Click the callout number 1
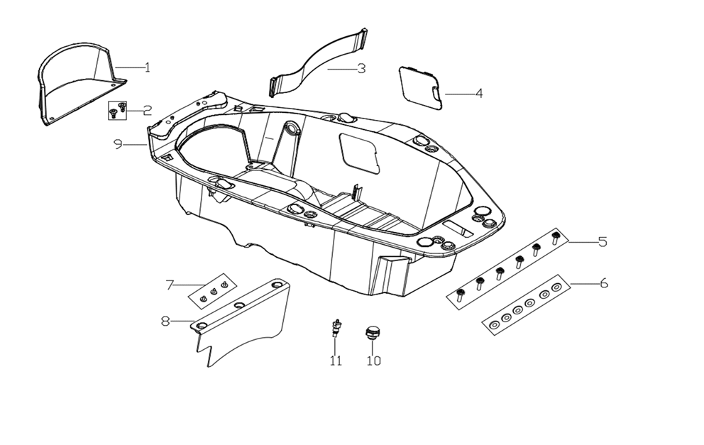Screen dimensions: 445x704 (x=148, y=67)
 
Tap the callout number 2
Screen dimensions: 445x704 (x=148, y=110)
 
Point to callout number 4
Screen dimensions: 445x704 (x=479, y=94)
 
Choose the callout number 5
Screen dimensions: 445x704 (x=603, y=241)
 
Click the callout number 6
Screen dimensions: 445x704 (x=604, y=283)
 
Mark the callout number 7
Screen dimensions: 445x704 (x=170, y=285)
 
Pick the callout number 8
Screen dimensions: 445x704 (x=165, y=321)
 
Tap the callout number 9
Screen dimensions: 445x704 (x=119, y=144)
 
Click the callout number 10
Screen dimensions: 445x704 (x=374, y=361)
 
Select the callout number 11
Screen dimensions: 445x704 (x=336, y=361)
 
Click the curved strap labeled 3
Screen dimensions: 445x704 (x=319, y=65)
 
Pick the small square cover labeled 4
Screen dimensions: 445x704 (x=421, y=88)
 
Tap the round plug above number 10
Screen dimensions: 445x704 (x=370, y=332)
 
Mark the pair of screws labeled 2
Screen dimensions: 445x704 (x=118, y=109)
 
